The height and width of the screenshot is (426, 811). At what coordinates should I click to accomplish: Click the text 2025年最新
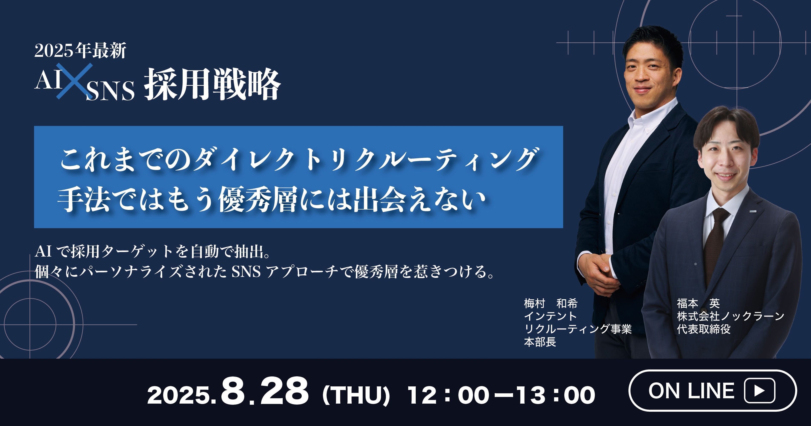pos(80,50)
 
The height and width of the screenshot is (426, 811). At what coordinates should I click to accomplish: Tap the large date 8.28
pos(264,392)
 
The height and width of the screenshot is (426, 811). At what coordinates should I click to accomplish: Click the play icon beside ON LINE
pos(759,391)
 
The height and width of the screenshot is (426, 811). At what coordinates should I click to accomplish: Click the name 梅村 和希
pos(551,304)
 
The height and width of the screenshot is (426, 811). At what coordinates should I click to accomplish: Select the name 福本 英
pos(698,304)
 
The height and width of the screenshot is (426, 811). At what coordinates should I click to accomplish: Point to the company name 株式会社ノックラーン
pos(730,316)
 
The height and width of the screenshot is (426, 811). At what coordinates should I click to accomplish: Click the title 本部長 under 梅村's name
pos(540,342)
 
